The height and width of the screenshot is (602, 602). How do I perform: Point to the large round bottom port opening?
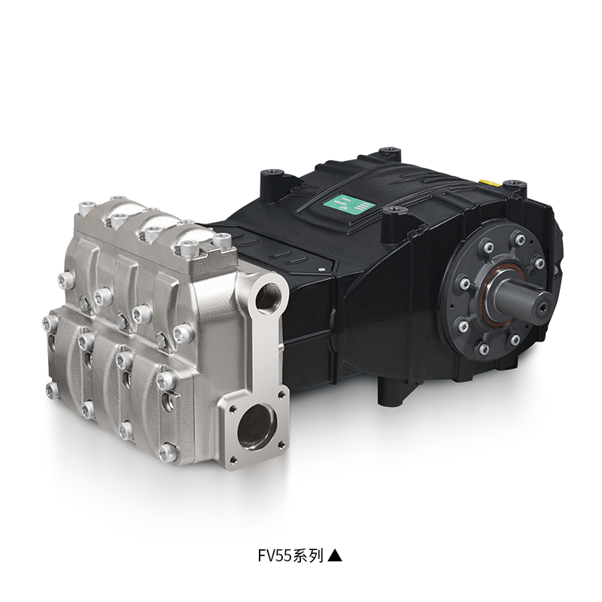pos(257,425)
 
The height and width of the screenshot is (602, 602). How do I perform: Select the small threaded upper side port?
pos(268,294)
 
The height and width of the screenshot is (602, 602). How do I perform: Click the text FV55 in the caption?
pos(275,555)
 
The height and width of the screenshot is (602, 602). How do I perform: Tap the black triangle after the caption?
pos(334,555)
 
